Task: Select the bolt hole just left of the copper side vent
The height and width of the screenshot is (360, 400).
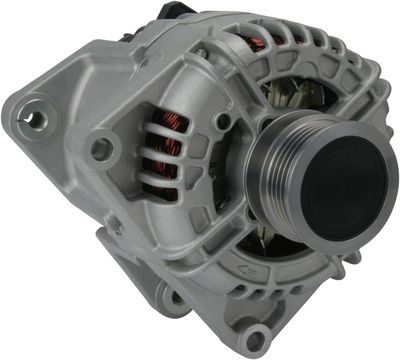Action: tap(101, 150)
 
